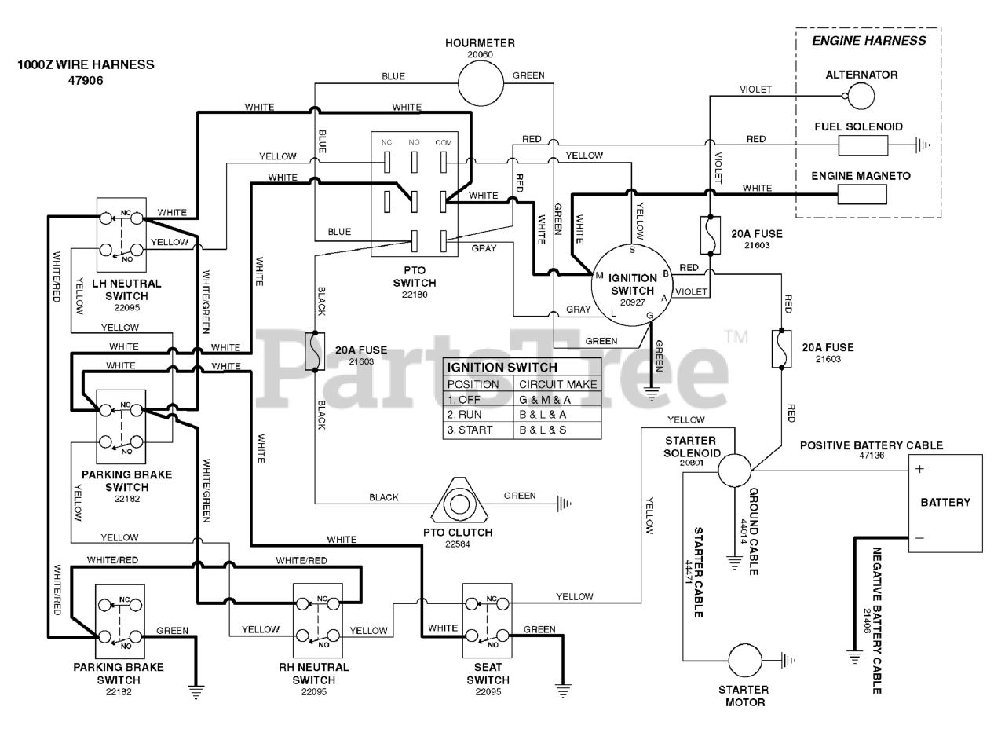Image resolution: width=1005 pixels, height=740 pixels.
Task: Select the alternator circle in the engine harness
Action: pyautogui.click(x=861, y=96)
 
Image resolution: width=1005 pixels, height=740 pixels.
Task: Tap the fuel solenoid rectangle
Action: pyautogui.click(x=863, y=145)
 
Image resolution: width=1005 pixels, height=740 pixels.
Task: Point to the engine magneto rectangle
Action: pyautogui.click(x=862, y=195)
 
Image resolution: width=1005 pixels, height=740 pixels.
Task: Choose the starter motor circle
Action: pyautogui.click(x=745, y=661)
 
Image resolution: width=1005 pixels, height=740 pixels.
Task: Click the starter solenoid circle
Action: pyautogui.click(x=734, y=470)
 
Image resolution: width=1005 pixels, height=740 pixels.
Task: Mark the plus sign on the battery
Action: pyautogui.click(x=919, y=469)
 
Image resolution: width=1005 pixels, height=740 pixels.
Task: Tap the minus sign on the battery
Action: pyautogui.click(x=919, y=538)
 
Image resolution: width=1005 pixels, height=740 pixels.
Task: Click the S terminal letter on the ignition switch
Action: pyautogui.click(x=632, y=250)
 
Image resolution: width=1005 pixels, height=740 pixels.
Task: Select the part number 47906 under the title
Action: pyautogui.click(x=86, y=81)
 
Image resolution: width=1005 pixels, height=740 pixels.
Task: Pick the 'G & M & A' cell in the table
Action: pyautogui.click(x=545, y=400)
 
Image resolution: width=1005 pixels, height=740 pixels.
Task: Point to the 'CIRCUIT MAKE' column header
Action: pyautogui.click(x=557, y=384)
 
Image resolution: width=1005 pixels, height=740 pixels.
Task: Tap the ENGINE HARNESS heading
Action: pyautogui.click(x=869, y=41)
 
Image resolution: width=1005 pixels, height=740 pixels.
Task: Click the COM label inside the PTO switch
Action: pyautogui.click(x=444, y=143)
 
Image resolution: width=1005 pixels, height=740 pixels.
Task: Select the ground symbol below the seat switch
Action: pyautogui.click(x=563, y=691)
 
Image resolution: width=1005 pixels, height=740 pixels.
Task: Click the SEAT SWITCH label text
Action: pyautogui.click(x=488, y=673)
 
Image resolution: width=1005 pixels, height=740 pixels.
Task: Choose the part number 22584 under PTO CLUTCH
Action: pyautogui.click(x=458, y=544)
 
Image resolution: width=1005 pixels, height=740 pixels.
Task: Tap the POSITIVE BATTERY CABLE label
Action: pyautogui.click(x=872, y=445)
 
